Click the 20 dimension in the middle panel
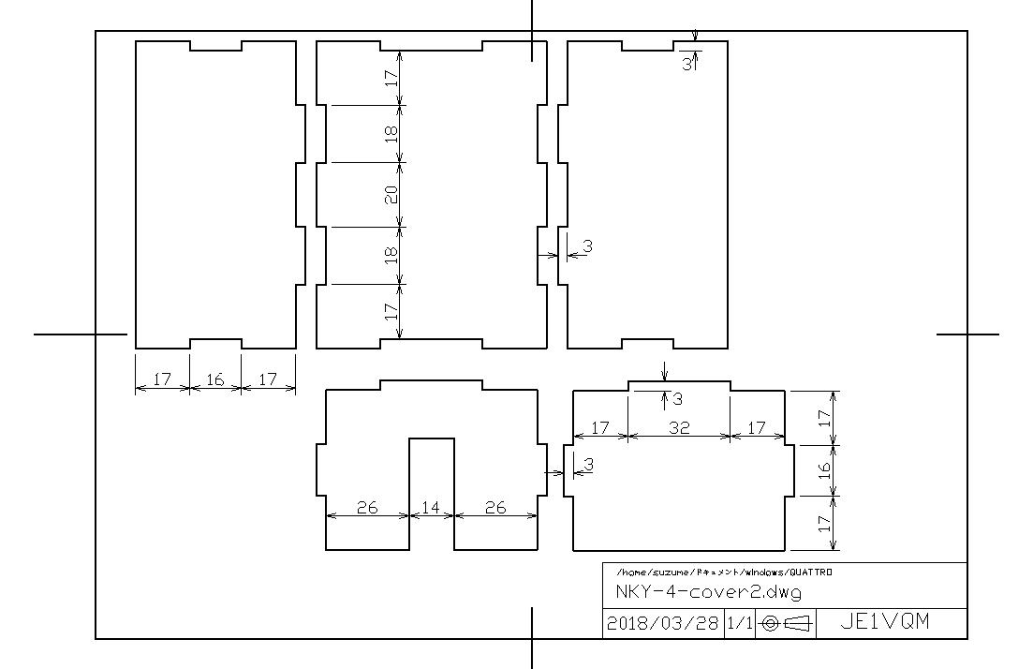391,195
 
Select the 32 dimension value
679,428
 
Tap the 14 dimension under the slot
431,508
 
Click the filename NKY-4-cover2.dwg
709,591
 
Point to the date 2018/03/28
662,623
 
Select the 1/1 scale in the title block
739,623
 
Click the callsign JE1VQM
885,621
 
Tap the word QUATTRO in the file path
811,572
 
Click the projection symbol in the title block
787,623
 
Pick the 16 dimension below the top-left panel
214,379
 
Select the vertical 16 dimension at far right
824,470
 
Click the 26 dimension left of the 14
367,508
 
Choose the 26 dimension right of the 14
495,508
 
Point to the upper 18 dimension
391,134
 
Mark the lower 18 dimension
391,255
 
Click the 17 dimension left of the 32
600,428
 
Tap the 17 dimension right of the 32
757,428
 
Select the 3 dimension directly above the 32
677,399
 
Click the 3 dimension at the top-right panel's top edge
686,65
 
